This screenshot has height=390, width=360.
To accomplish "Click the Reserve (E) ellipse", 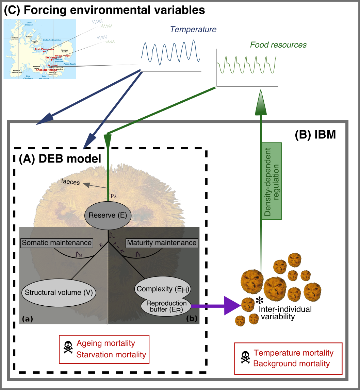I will point(107,216).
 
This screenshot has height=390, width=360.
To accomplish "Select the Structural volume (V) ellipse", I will point(59,292).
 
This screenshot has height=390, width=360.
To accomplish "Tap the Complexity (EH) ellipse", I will point(162,289).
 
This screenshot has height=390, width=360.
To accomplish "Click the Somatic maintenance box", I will point(56,243).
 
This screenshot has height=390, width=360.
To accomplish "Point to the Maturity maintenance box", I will point(162,243).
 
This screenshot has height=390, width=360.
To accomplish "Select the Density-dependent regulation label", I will point(272,181).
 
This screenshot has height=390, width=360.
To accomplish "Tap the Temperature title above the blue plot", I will point(193,30).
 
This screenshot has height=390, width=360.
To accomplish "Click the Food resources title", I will point(278,45).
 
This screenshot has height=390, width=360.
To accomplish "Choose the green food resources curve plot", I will point(247,67).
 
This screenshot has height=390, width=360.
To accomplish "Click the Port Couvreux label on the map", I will point(44,49).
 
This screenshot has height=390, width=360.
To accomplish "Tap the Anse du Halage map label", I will point(47,70).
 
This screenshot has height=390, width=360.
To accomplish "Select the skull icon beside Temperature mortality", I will point(245,358).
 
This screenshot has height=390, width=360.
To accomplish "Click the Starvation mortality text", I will point(111,355).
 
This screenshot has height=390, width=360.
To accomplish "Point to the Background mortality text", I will point(291,363).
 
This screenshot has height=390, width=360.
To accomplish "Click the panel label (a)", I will point(27,319).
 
